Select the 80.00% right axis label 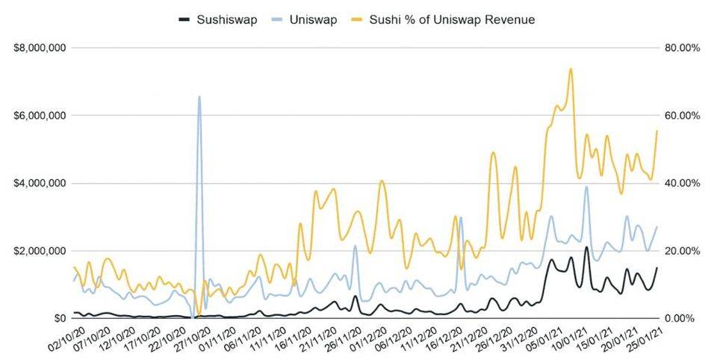tap(683, 48)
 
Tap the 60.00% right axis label tap(683, 116)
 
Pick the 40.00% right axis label tap(683, 183)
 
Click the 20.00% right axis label tap(683, 251)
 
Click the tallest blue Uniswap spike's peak tap(199, 96)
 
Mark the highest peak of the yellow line tap(571, 69)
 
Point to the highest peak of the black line tap(586, 247)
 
